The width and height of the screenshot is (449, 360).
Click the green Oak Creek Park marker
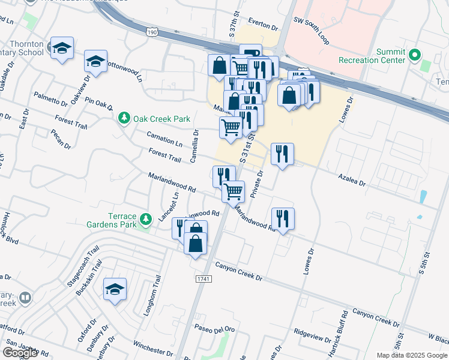pyautogui.click(x=124, y=119)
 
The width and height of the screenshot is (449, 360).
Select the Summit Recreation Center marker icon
pyautogui.click(x=414, y=56)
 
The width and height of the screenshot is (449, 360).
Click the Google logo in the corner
pyautogui.click(x=20, y=353)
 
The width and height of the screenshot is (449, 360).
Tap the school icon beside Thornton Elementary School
pyautogui.click(x=62, y=49)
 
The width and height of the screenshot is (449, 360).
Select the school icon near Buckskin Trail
pyautogui.click(x=115, y=289)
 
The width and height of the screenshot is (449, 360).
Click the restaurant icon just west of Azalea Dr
pyautogui.click(x=282, y=154)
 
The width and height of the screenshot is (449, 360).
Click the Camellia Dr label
pyautogui.click(x=194, y=146)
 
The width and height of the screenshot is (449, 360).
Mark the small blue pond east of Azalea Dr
pyautogui.click(x=424, y=196)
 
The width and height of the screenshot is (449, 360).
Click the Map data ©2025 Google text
pyautogui.click(x=411, y=355)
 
